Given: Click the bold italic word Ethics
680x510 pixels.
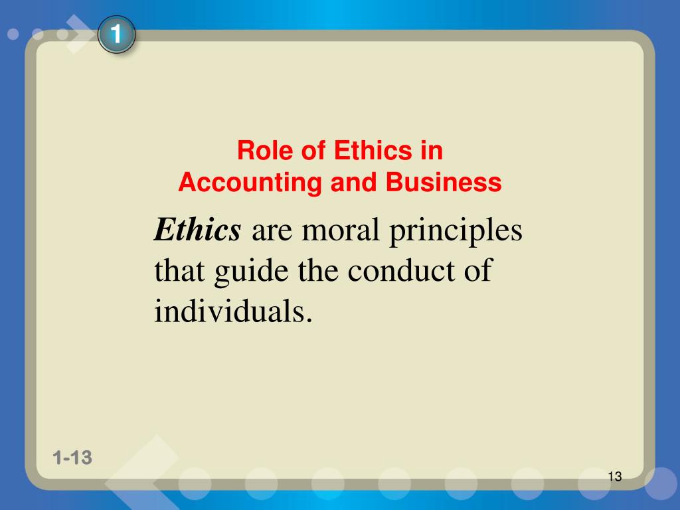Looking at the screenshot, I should click(197, 231).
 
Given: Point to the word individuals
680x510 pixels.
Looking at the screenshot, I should click(233, 311).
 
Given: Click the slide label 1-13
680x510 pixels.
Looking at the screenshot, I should click(72, 458).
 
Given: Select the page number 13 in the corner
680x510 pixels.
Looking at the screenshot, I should click(614, 476).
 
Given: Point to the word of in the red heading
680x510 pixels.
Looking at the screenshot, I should click(313, 151).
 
